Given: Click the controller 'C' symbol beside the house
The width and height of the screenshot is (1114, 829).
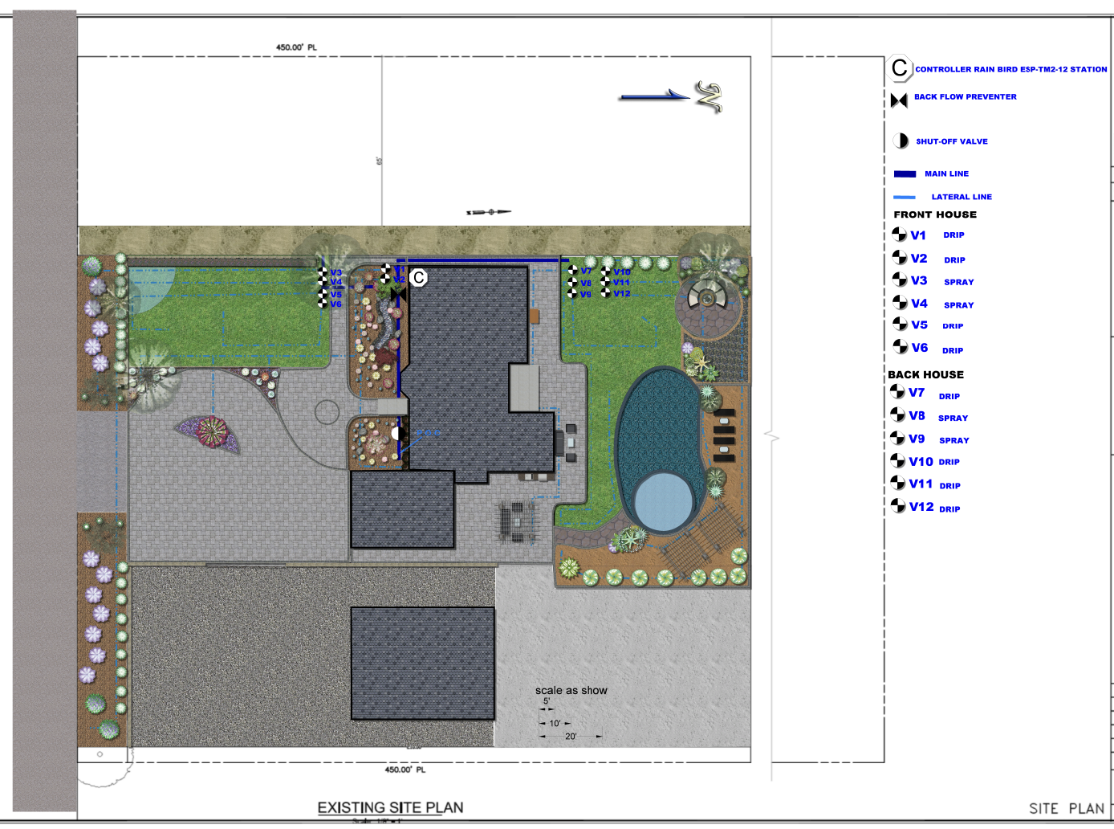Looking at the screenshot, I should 418,278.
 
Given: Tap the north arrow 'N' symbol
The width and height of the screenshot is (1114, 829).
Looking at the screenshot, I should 709,97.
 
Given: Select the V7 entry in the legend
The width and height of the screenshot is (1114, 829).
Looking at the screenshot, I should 916,393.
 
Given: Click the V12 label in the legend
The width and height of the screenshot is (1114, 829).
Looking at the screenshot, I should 921,507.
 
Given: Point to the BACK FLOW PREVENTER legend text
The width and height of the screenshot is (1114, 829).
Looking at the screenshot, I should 965,97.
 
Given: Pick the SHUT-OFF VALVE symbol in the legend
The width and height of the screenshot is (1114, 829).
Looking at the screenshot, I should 901,141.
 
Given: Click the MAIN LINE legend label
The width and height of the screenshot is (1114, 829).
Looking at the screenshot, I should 946,174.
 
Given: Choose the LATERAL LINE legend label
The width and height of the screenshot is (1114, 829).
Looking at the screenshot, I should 962,197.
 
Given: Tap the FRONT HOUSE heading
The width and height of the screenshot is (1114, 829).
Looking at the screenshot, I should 935,214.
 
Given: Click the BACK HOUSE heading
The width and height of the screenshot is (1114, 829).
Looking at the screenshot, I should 925,374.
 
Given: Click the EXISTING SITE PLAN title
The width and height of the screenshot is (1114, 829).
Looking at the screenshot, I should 390,807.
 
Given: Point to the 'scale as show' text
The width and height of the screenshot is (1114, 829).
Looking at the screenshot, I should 571,690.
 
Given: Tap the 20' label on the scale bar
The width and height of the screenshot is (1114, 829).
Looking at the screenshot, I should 571,736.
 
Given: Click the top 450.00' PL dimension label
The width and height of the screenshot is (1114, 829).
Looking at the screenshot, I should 296,47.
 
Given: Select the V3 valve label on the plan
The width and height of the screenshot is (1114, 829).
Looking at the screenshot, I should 335,273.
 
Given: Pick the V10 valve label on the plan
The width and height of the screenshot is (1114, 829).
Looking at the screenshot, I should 621,272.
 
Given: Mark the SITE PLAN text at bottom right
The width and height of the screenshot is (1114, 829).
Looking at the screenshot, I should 1066,808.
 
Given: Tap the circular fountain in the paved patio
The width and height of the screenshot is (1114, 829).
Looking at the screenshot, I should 707,300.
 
